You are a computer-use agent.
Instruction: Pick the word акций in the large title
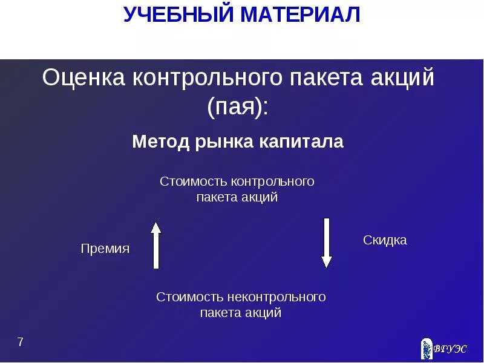(407, 79)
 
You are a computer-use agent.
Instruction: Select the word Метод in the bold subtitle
(160, 142)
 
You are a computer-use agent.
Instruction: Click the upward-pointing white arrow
(156, 245)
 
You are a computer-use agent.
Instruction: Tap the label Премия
(105, 249)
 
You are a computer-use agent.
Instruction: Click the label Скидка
(385, 240)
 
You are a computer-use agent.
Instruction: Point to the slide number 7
(21, 342)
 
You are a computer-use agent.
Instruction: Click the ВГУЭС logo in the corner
(443, 348)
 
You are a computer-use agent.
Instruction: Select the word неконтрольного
(278, 297)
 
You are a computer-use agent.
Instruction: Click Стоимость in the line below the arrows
(190, 297)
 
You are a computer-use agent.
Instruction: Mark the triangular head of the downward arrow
(327, 262)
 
